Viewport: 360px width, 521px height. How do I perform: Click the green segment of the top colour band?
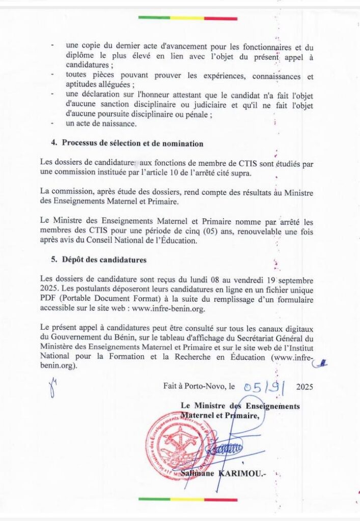pos(153,18)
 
